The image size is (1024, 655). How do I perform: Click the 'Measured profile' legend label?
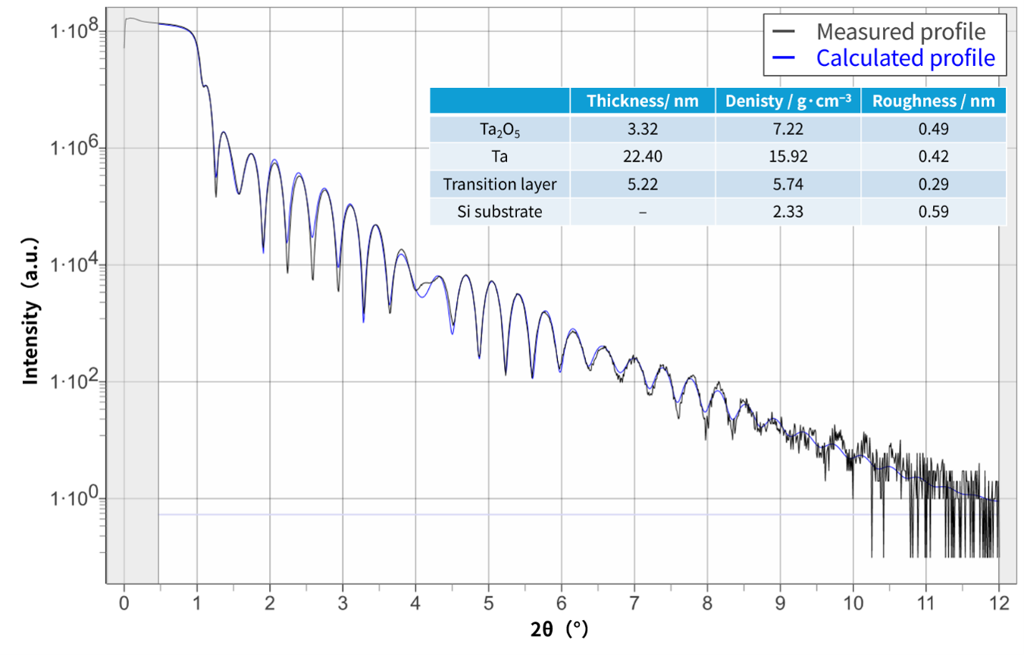click(x=900, y=32)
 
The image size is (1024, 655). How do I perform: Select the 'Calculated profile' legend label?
click(x=905, y=58)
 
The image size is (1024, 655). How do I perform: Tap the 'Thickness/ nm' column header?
click(x=642, y=101)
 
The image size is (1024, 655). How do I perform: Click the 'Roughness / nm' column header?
click(x=934, y=101)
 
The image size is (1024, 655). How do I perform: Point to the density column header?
click(x=788, y=101)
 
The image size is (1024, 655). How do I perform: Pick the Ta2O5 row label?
click(x=499, y=130)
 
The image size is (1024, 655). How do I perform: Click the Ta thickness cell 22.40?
click(x=642, y=156)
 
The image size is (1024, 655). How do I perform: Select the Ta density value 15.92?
click(x=788, y=156)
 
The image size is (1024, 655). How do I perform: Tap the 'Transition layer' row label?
click(x=499, y=184)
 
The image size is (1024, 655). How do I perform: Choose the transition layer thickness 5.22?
click(x=642, y=184)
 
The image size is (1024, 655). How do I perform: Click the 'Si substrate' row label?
click(x=499, y=212)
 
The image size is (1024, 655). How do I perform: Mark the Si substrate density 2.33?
click(x=788, y=212)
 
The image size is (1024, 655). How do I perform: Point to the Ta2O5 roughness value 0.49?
click(x=934, y=129)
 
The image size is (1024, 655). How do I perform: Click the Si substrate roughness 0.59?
click(x=934, y=212)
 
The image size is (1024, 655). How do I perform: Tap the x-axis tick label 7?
click(x=634, y=603)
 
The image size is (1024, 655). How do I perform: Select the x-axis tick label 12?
click(x=999, y=603)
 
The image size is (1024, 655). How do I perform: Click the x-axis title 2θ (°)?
click(x=559, y=629)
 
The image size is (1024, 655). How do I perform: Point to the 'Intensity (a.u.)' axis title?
click(x=31, y=312)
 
